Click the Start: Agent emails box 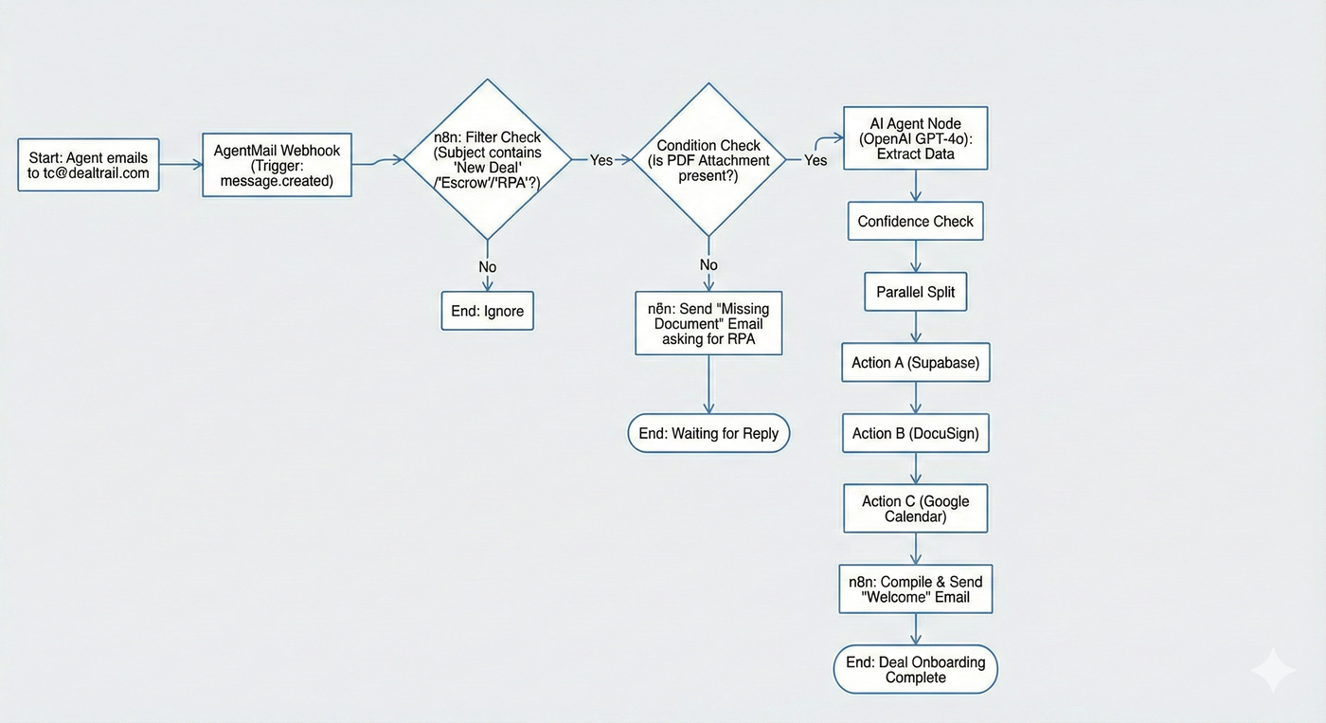click(x=88, y=165)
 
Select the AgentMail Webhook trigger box click(x=277, y=165)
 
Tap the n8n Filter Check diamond click(x=488, y=159)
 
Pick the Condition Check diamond click(x=708, y=159)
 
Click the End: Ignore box click(x=488, y=311)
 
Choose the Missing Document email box click(x=708, y=323)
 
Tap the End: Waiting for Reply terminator click(x=708, y=433)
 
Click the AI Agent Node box click(x=915, y=138)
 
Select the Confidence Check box click(x=915, y=222)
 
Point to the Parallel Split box click(x=915, y=292)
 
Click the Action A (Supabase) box click(x=915, y=363)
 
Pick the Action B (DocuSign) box click(x=915, y=433)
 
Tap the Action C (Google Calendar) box click(x=915, y=509)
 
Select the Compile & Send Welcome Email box click(x=915, y=589)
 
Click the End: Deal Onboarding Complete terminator click(x=915, y=670)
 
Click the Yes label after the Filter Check click(x=601, y=160)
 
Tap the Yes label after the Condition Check click(x=815, y=160)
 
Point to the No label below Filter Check click(x=488, y=267)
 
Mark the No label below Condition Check click(x=708, y=265)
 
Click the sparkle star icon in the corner click(x=1272, y=671)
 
